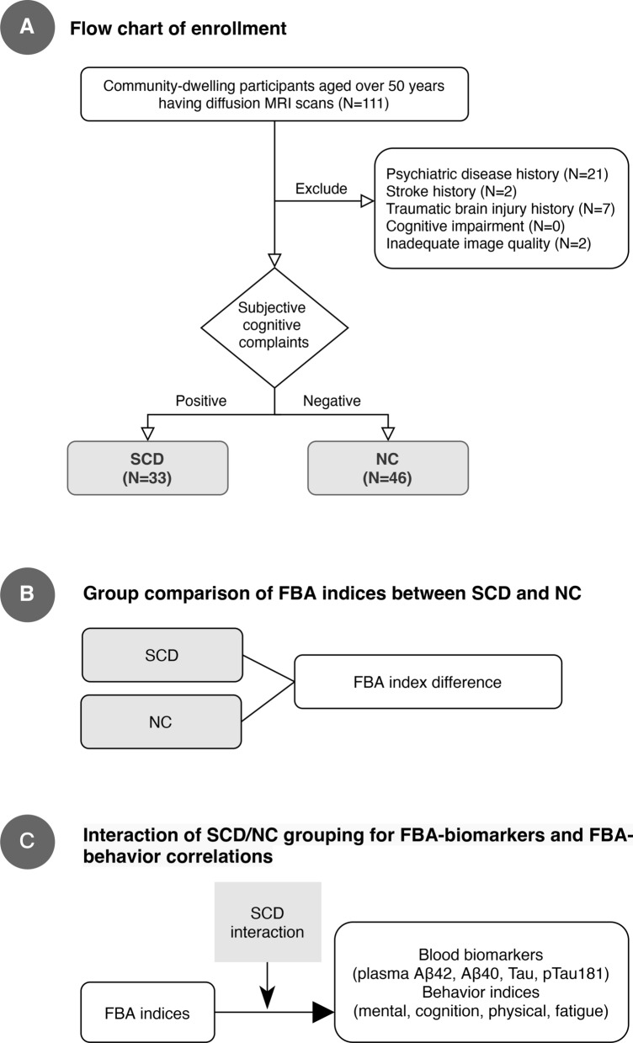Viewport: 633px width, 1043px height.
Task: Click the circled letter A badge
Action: pyautogui.click(x=28, y=29)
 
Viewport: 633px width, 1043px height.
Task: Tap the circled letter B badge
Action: pyautogui.click(x=28, y=594)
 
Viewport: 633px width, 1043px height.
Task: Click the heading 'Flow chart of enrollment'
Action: pyautogui.click(x=178, y=29)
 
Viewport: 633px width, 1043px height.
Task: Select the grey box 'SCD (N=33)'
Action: pyautogui.click(x=149, y=467)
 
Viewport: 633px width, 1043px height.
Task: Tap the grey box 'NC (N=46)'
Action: pyautogui.click(x=388, y=467)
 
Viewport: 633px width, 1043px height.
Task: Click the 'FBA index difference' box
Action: pyautogui.click(x=428, y=683)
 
